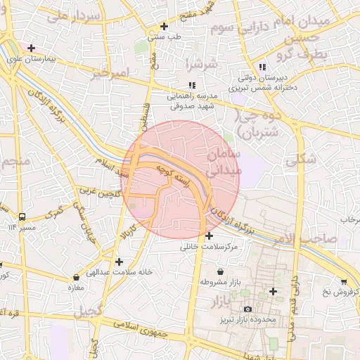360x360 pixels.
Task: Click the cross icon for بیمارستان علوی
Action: tap(30, 47)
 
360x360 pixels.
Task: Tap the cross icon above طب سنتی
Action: tap(164, 26)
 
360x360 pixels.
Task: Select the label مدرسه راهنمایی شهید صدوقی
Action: tap(196, 100)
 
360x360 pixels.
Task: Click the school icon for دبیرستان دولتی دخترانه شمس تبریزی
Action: tap(262, 67)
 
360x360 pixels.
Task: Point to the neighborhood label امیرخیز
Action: tap(112, 73)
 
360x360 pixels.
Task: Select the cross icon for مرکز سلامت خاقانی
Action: tap(210, 236)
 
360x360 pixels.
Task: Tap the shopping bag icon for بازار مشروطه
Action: tap(221, 271)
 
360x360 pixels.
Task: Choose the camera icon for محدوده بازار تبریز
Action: tap(247, 309)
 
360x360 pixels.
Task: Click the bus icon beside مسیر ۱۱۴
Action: tap(22, 217)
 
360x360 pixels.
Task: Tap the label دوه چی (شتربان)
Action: tap(258, 124)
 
